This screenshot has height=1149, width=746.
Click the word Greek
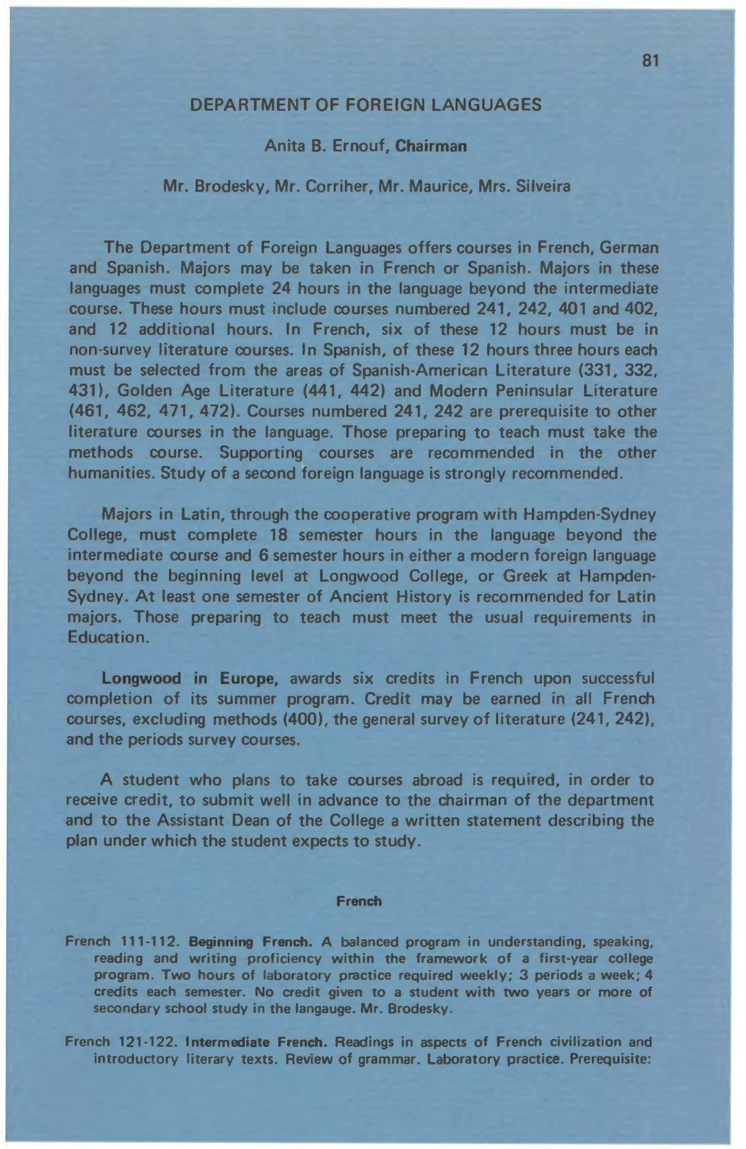[x=524, y=576]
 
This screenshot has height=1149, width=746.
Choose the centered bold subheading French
[x=359, y=901]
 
